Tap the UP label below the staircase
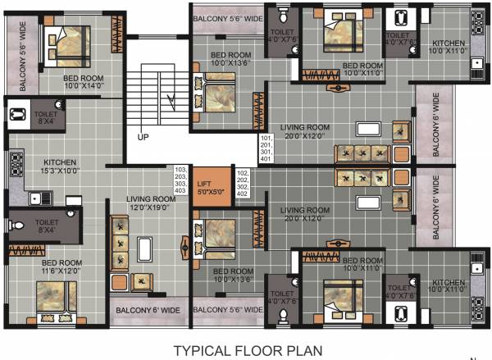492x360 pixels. tap(143, 137)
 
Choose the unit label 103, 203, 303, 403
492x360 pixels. tap(180, 179)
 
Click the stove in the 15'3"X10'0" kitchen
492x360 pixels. tap(16, 166)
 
